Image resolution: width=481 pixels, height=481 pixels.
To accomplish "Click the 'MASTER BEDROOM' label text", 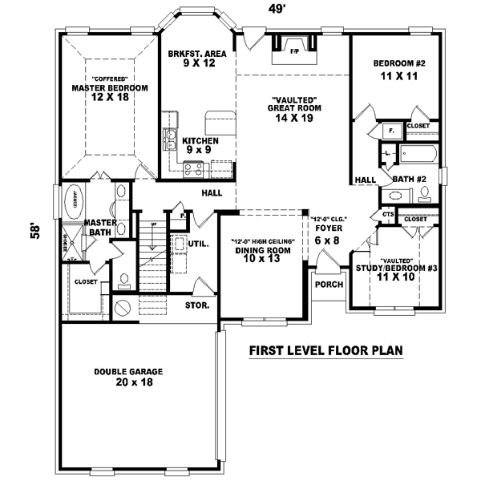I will click(x=111, y=88).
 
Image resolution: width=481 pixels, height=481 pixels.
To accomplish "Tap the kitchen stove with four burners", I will click(x=192, y=168).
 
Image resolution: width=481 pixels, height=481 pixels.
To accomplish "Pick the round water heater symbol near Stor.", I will click(x=123, y=307).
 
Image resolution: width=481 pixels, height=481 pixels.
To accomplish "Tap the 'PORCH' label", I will click(x=329, y=285).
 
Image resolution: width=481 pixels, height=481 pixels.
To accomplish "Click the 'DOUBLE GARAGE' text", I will click(x=129, y=371).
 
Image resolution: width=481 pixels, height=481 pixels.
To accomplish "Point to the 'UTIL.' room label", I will click(x=199, y=244).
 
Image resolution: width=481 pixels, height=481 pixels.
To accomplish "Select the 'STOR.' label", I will click(x=198, y=305).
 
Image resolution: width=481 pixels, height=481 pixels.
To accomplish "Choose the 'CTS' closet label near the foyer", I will click(x=387, y=214).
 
